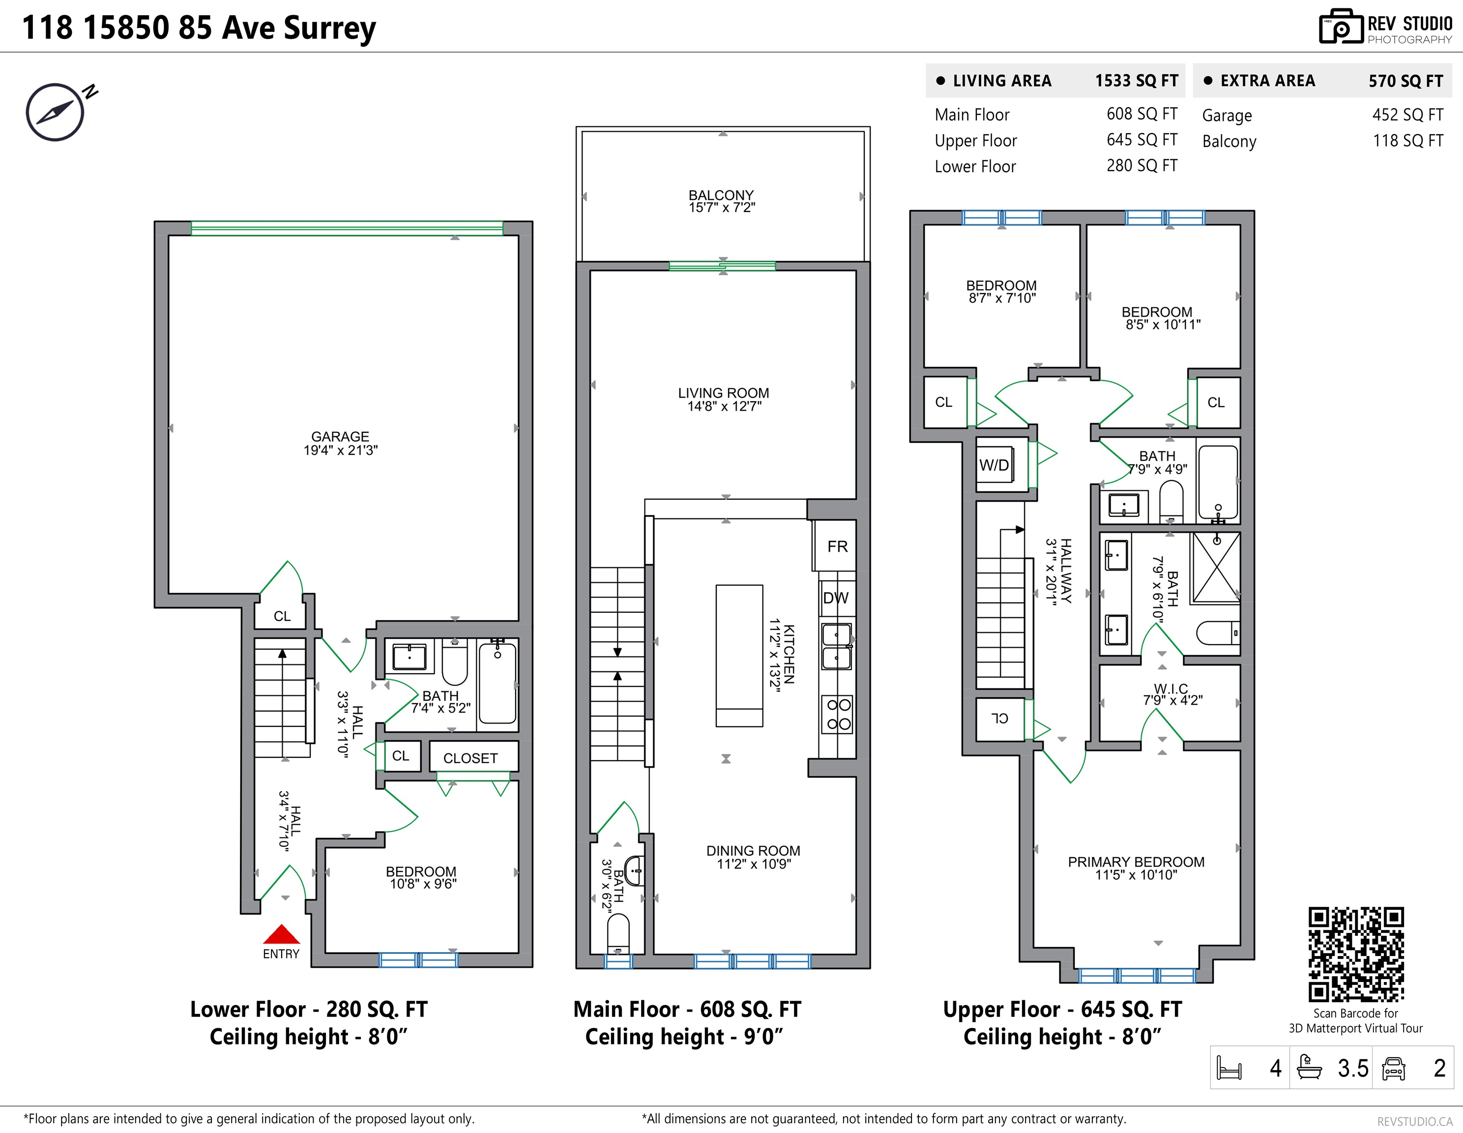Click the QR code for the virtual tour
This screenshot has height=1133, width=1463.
click(1356, 954)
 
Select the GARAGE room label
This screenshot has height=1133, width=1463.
click(340, 436)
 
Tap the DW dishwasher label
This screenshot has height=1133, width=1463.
click(835, 597)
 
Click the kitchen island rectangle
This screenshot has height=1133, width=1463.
click(739, 656)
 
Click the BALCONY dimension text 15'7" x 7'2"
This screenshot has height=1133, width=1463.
click(722, 208)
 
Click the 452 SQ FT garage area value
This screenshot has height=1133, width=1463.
click(1407, 115)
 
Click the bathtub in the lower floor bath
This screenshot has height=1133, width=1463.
click(497, 683)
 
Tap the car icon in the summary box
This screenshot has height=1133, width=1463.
click(1393, 1068)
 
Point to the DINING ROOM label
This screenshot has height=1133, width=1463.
click(753, 851)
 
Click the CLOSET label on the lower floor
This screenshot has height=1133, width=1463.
click(470, 758)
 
